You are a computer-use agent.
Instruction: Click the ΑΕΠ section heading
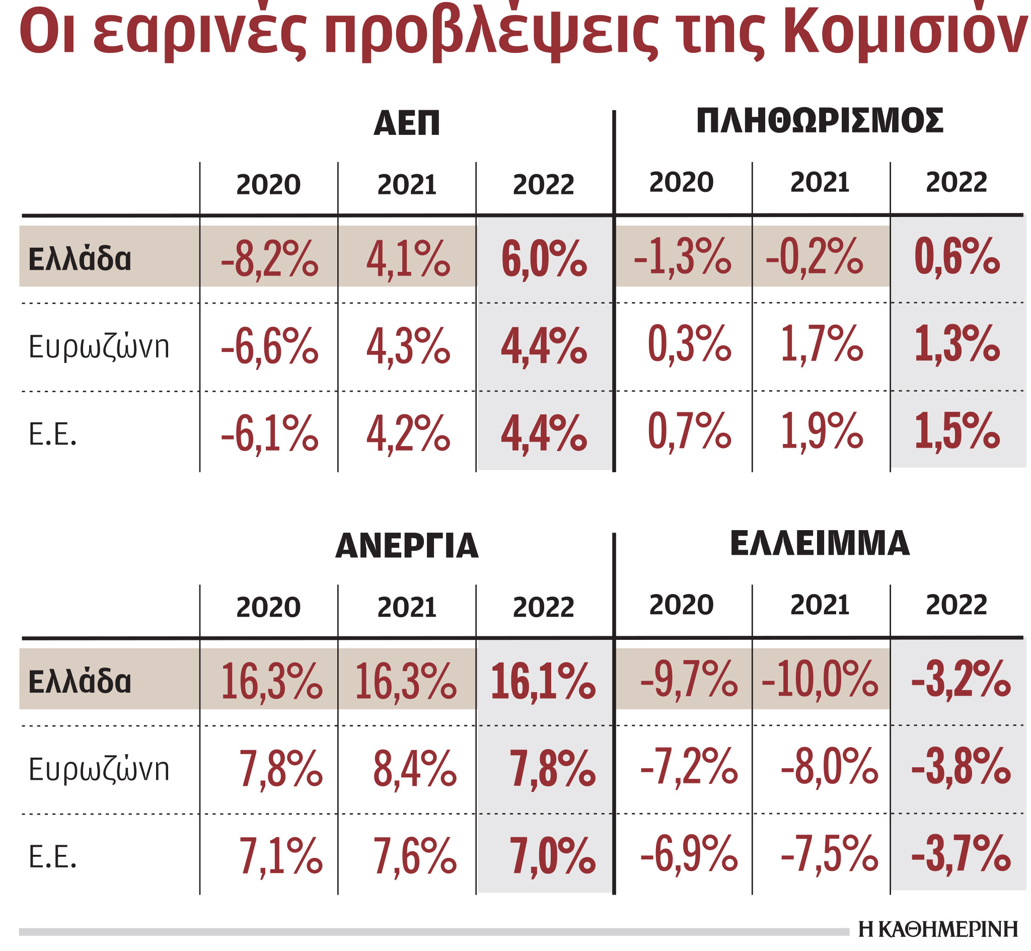tap(406, 123)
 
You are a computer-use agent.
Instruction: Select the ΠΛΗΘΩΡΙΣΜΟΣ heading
tap(819, 121)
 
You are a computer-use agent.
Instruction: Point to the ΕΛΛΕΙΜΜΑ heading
tap(819, 543)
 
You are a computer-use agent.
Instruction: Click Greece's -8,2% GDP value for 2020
tap(269, 259)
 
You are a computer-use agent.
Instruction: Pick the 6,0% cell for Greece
tap(544, 259)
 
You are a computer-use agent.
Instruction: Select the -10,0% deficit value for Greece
tap(820, 680)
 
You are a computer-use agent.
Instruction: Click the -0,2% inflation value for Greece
tap(814, 257)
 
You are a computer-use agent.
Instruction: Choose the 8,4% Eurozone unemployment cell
tap(414, 769)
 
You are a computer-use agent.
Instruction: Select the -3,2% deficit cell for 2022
tap(960, 680)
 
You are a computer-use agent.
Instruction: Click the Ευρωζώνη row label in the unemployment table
tap(99, 770)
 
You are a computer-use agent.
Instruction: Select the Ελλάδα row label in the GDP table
tap(80, 259)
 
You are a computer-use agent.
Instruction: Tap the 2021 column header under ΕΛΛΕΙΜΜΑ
tap(820, 605)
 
